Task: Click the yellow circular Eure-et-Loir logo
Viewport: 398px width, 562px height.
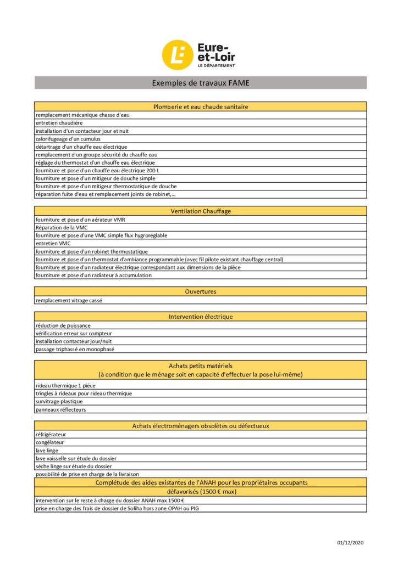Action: [177, 55]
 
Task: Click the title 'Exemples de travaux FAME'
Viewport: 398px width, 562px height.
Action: [200, 83]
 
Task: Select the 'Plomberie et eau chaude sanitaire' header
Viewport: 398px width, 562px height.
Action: [200, 106]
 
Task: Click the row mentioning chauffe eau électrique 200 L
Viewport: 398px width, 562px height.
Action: [97, 171]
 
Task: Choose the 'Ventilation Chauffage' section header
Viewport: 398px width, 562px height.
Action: [200, 211]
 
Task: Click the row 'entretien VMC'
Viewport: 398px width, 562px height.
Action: [53, 243]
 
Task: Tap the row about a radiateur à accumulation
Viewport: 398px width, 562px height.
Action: [93, 275]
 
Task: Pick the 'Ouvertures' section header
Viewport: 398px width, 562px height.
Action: [200, 291]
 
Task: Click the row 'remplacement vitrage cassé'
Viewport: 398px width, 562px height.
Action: [69, 300]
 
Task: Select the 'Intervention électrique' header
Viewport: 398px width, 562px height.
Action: [200, 317]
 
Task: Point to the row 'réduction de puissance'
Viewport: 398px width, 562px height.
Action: [63, 325]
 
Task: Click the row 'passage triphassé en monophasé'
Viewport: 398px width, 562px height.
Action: [75, 349]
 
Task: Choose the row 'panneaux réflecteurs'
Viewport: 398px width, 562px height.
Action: [61, 409]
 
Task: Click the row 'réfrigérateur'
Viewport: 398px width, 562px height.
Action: [51, 434]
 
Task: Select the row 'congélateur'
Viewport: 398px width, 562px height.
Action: [50, 442]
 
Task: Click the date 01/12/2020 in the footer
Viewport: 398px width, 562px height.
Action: [350, 543]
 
